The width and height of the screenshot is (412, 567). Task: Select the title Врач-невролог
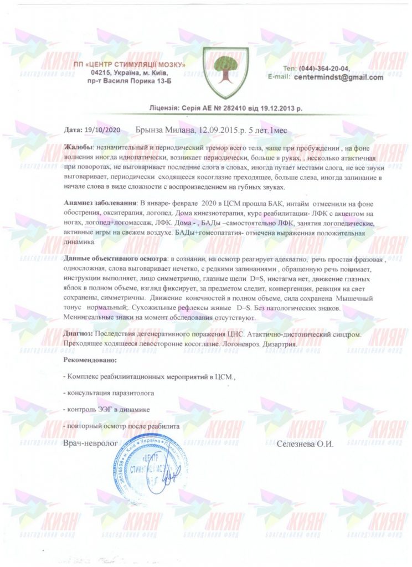[91, 444]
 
